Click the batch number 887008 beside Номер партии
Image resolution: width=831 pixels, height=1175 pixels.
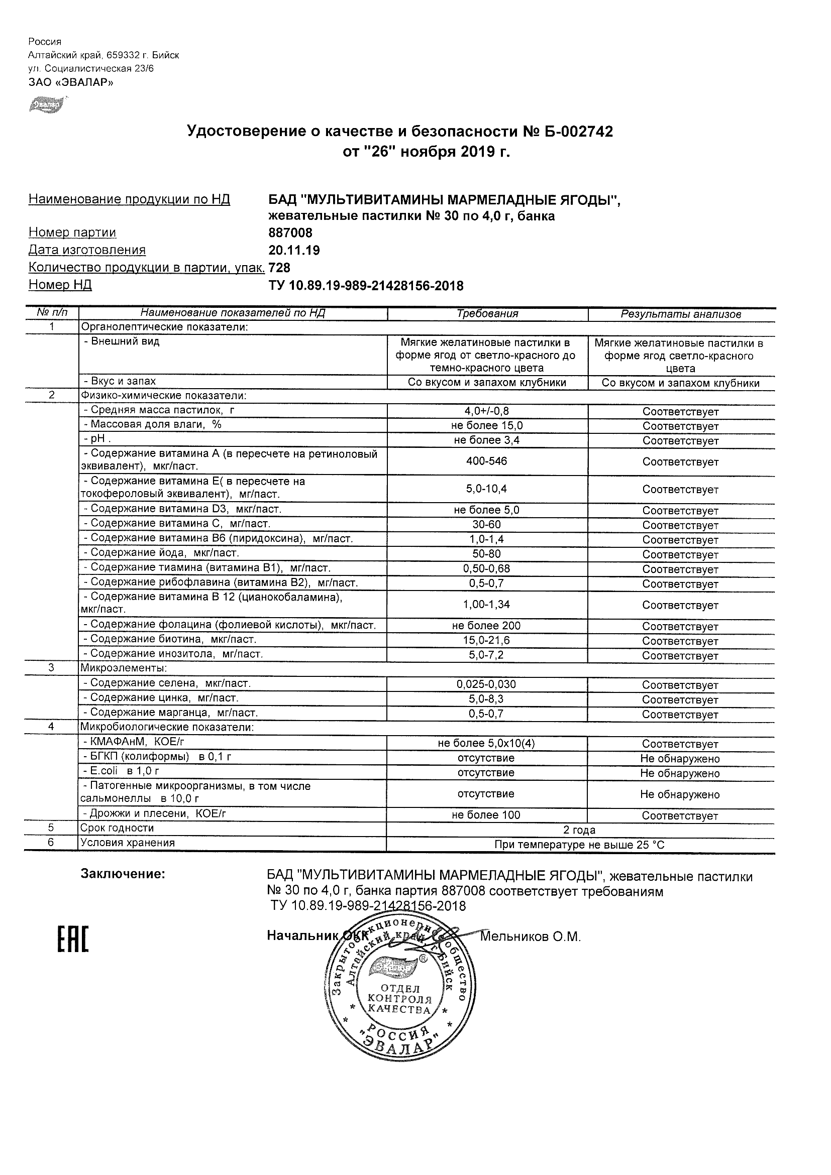point(290,233)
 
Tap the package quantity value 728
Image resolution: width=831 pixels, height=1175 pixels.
point(279,268)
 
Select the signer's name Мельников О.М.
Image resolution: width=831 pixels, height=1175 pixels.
point(531,936)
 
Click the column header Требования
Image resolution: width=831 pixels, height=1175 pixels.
point(487,314)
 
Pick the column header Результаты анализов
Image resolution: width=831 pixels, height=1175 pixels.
point(681,314)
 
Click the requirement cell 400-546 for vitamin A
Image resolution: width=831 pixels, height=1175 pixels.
point(486,461)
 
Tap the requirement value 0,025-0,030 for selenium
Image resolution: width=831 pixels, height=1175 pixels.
point(486,684)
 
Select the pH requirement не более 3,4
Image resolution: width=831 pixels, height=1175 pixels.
point(486,440)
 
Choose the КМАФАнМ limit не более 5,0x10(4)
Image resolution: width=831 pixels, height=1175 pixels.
point(486,744)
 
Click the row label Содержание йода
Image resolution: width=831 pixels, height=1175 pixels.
point(162,553)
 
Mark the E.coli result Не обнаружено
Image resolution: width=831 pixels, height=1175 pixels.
point(680,773)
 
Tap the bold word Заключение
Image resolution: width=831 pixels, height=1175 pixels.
point(123,874)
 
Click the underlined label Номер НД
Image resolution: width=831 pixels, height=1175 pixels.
point(60,285)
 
